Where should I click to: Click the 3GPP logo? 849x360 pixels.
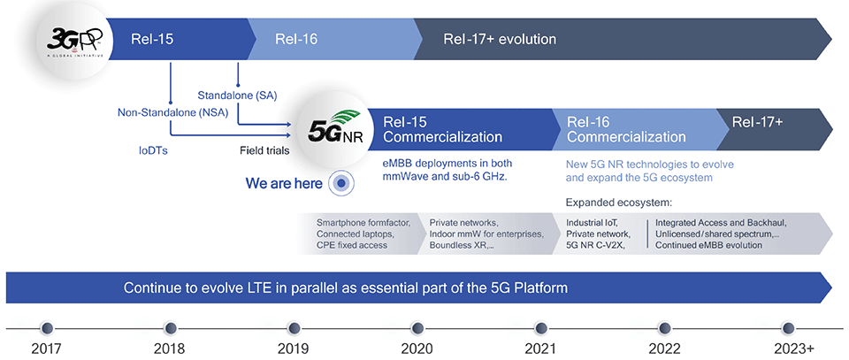pos(75,39)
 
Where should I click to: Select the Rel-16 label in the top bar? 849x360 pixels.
pos(296,40)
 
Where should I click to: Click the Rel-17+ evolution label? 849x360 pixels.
pos(500,40)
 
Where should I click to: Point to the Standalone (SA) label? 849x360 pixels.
pos(237,96)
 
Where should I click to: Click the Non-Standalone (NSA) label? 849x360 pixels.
pos(173,113)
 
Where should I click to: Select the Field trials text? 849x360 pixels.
pos(264,151)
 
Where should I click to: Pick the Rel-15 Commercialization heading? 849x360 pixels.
pos(442,130)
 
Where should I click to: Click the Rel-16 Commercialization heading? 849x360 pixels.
pos(626,130)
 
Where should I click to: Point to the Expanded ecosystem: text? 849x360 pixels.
pos(619,203)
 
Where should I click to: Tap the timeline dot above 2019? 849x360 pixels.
pos(294,327)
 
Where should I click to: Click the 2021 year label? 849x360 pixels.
pos(539,347)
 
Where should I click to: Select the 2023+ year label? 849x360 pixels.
pos(787,347)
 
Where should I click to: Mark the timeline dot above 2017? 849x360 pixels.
pos(48,327)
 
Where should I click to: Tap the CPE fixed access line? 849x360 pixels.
pos(352,245)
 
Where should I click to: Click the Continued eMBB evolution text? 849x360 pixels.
pos(708,245)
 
